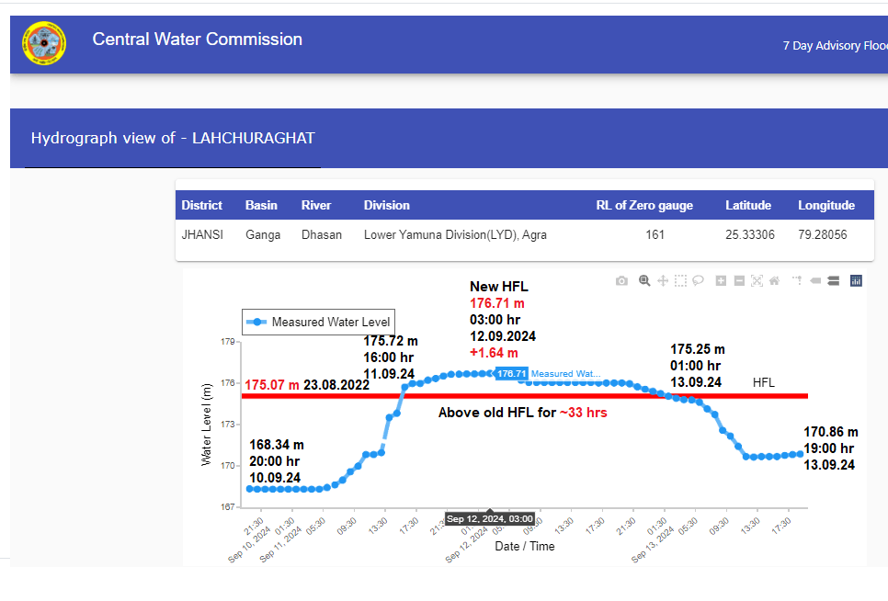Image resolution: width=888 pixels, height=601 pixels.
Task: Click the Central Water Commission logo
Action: (44, 43)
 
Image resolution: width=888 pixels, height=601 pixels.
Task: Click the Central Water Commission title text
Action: (197, 40)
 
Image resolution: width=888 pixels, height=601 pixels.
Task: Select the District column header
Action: (202, 205)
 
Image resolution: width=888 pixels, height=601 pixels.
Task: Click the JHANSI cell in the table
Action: (202, 234)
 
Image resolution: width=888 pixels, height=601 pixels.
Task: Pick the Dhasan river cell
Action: (322, 234)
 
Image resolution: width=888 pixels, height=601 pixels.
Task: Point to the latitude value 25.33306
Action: (750, 234)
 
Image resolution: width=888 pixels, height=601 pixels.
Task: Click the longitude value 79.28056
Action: (823, 234)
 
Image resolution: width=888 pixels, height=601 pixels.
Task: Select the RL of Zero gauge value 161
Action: (655, 234)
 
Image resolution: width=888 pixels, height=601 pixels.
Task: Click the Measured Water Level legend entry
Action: (319, 322)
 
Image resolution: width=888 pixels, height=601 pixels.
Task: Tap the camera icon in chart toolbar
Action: (621, 280)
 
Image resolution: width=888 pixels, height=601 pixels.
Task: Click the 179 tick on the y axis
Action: (227, 342)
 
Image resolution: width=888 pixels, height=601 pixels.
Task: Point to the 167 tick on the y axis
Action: (227, 506)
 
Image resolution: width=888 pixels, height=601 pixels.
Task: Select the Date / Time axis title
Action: (525, 546)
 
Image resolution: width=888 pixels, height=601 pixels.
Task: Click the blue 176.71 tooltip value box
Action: (511, 374)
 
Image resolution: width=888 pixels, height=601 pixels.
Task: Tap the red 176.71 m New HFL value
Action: (497, 303)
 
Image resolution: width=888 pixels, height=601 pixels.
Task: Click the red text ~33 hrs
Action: (583, 414)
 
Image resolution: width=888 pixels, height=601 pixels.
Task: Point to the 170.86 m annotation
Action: (830, 432)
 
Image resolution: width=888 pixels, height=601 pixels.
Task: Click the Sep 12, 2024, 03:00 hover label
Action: (490, 519)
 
